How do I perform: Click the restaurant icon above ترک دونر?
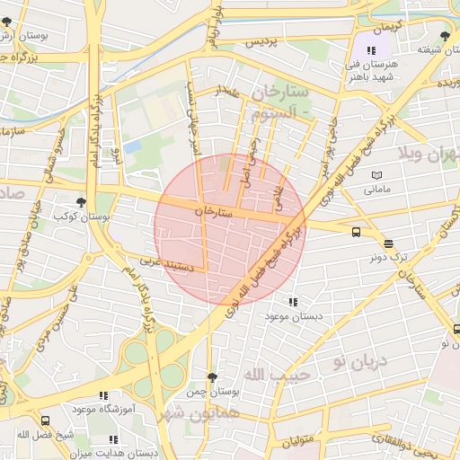(388, 243)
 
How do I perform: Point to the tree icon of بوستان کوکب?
(82, 203)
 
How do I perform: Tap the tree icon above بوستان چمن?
(211, 377)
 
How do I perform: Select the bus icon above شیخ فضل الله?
(45, 420)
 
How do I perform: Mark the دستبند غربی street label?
(163, 262)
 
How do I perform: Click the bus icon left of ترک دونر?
(357, 232)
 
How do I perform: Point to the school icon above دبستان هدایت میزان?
(113, 439)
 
